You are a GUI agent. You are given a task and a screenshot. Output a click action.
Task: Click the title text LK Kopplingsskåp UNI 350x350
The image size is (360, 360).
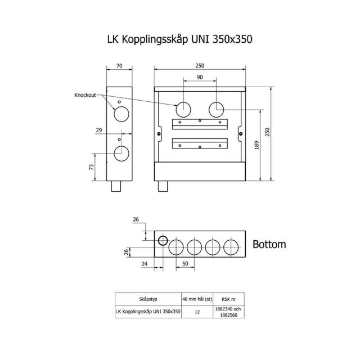[x=180, y=40]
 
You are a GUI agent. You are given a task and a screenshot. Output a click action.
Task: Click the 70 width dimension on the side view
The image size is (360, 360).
[x=119, y=66]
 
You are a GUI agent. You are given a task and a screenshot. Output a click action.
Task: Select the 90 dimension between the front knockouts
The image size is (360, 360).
[x=200, y=77]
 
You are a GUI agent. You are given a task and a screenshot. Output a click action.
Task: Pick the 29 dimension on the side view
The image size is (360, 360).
[x=99, y=130]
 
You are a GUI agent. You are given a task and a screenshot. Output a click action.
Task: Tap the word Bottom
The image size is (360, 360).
[x=269, y=245]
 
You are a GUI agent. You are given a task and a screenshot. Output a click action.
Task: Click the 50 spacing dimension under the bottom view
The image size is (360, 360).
[x=184, y=263]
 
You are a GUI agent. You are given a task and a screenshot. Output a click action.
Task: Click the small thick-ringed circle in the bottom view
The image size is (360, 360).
[x=162, y=241]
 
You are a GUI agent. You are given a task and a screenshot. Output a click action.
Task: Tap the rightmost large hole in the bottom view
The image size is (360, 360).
[x=231, y=246]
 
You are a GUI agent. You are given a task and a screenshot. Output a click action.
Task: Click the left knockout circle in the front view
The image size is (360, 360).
[x=183, y=109]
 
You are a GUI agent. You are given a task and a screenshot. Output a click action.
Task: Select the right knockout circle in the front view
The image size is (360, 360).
[x=217, y=109]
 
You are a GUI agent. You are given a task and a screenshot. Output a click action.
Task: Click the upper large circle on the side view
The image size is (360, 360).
[x=120, y=115]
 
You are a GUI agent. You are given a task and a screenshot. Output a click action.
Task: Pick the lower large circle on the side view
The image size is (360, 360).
[x=120, y=152]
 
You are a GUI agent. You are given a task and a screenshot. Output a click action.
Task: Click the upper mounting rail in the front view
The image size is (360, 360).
[x=199, y=124]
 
